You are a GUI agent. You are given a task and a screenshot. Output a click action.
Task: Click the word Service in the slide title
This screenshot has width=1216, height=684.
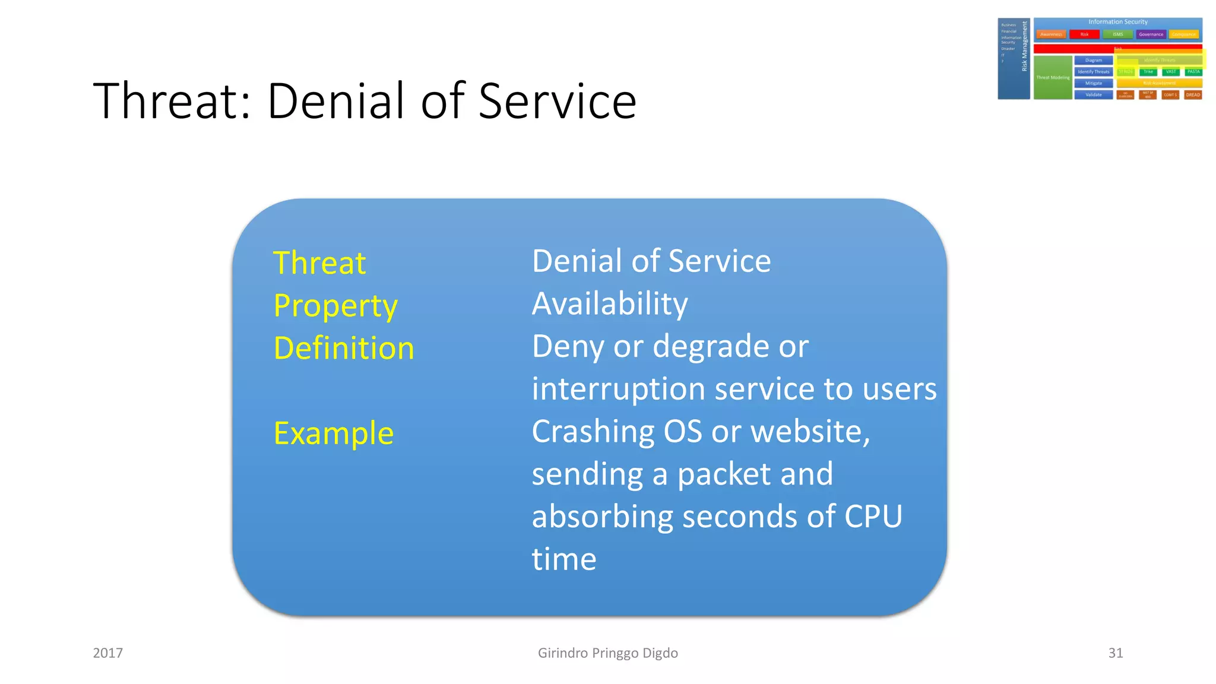(557, 101)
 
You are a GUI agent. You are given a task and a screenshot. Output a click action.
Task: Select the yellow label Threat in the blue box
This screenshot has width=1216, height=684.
(319, 263)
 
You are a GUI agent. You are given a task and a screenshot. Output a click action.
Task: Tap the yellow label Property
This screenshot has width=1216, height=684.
(335, 306)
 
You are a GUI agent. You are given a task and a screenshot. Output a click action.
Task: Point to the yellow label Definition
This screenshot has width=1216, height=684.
(344, 349)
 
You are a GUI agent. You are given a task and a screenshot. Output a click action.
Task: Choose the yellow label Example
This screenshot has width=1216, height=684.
(334, 433)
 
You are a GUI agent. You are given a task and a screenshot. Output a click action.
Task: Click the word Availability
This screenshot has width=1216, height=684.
(610, 304)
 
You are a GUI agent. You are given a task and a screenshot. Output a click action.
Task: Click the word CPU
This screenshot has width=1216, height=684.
(873, 517)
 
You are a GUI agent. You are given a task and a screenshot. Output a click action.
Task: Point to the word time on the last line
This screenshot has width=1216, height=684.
(563, 559)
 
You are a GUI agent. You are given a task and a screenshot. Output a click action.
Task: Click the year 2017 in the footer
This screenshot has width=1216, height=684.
(108, 653)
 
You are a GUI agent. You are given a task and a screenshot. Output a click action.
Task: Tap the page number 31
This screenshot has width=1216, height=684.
(1115, 653)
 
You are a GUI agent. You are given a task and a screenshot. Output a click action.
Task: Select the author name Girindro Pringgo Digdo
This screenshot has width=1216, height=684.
(607, 653)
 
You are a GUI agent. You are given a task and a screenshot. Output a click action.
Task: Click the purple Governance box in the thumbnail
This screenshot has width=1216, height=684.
(1151, 34)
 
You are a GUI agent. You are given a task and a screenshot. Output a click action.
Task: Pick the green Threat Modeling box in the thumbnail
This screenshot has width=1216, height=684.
(1053, 78)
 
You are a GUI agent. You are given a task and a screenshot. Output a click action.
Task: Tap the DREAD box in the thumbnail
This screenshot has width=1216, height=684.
(1193, 95)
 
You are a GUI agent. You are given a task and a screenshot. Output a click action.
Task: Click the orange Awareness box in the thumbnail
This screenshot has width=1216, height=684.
(1051, 34)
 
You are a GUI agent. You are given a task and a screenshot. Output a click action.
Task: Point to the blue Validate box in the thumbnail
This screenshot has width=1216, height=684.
(1093, 95)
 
